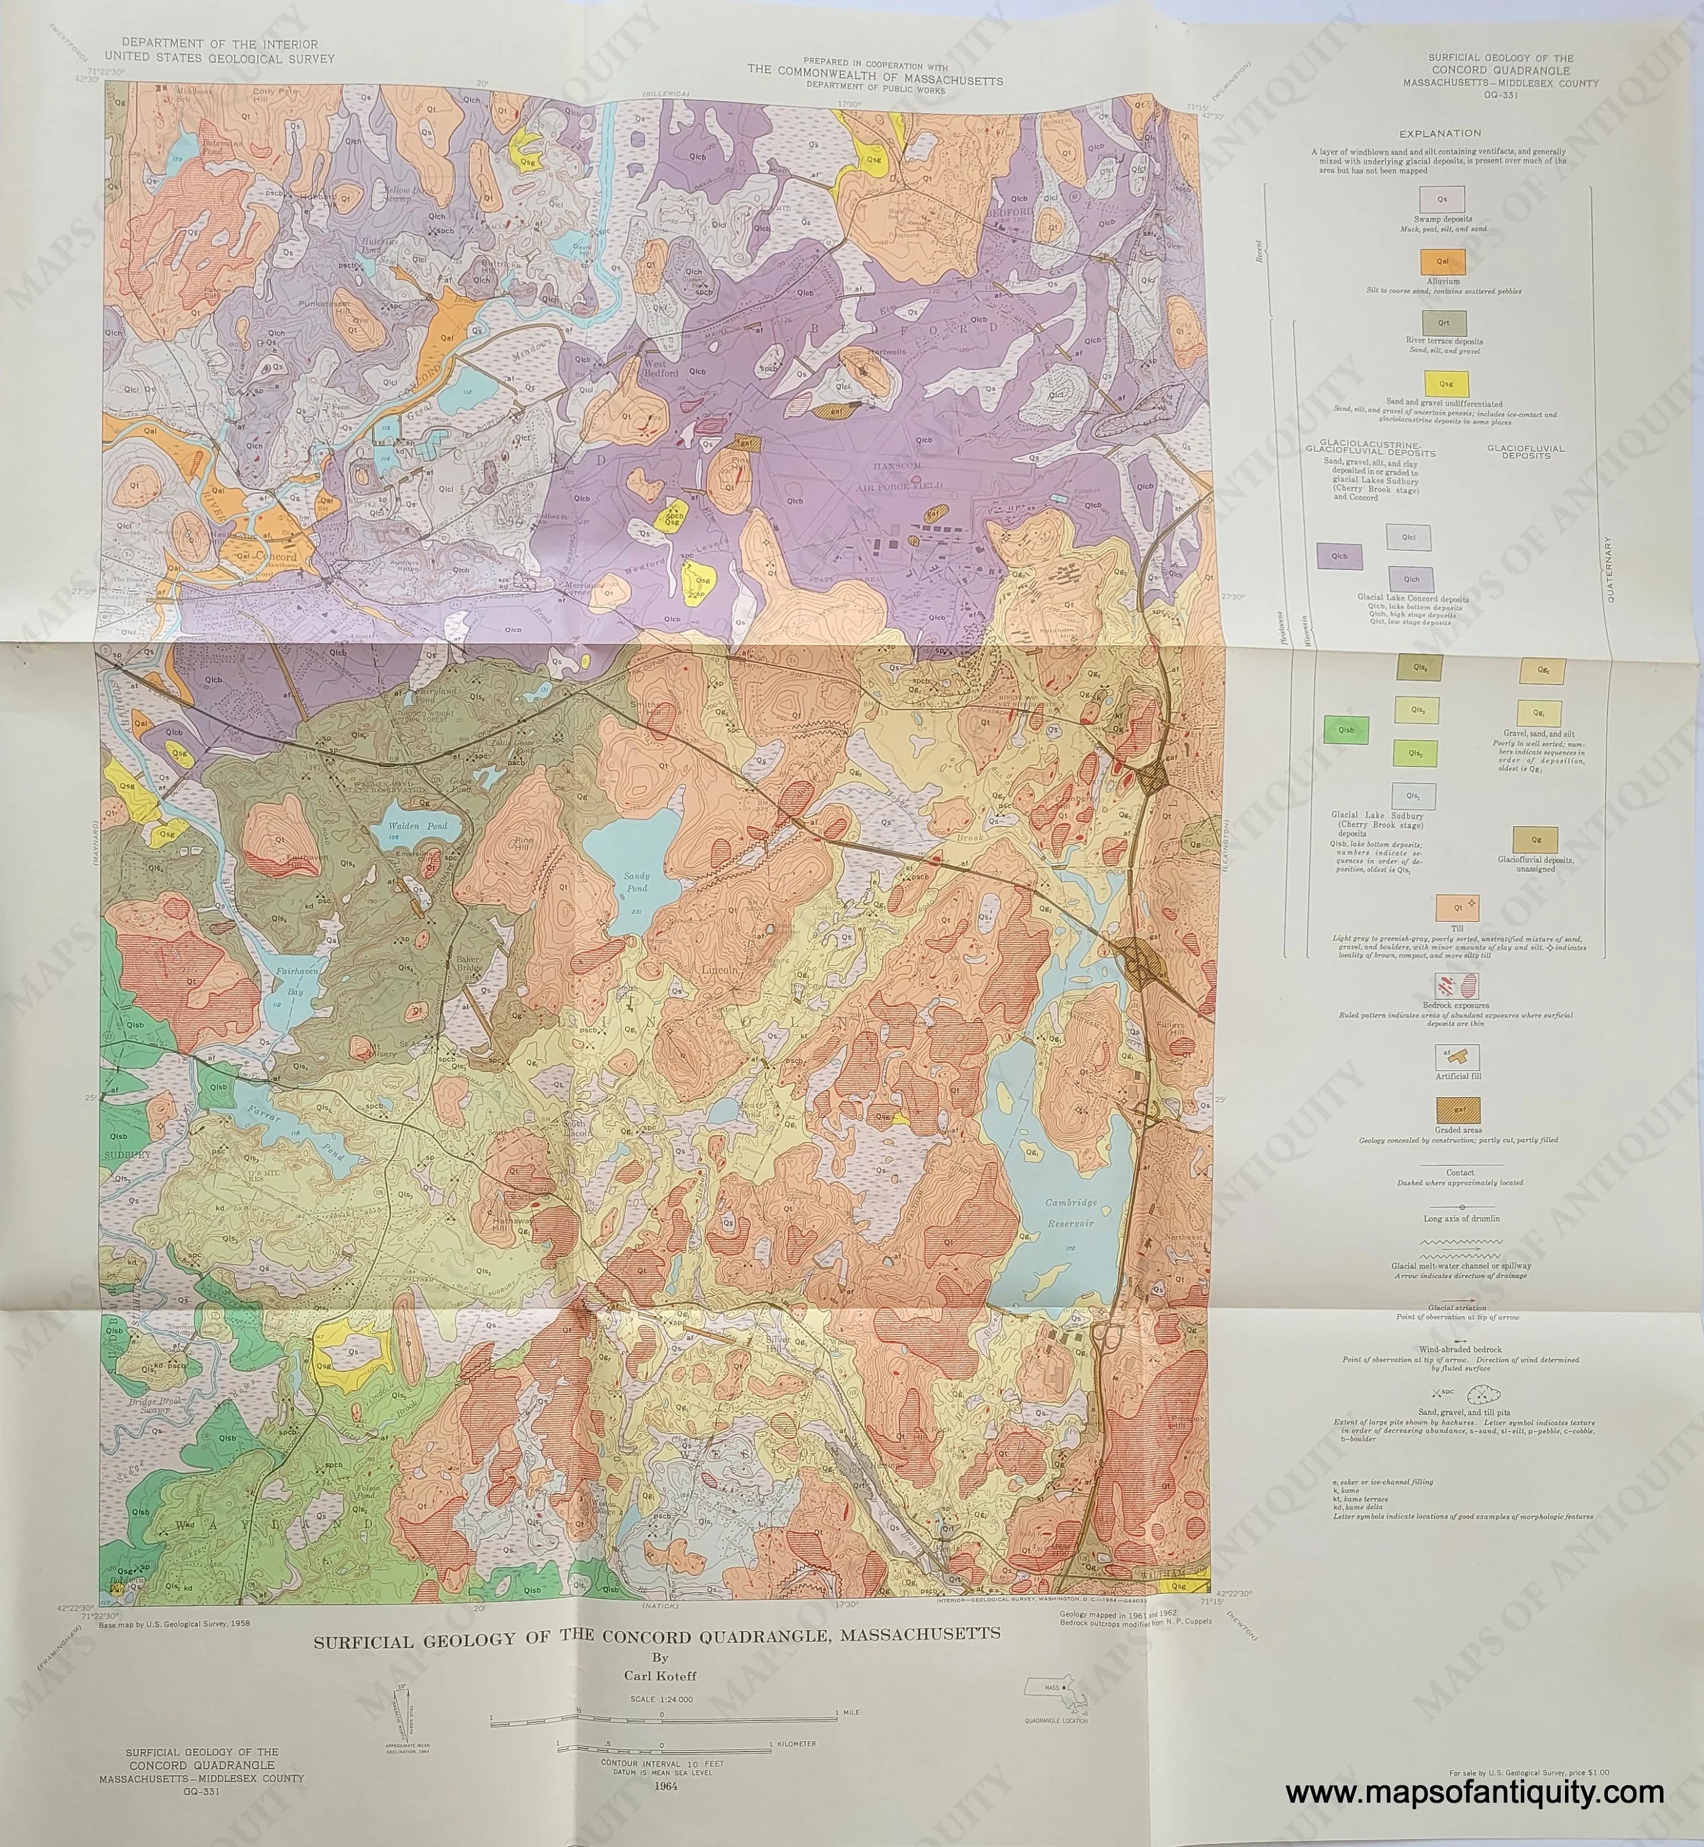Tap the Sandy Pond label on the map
pyautogui.click(x=637, y=882)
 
